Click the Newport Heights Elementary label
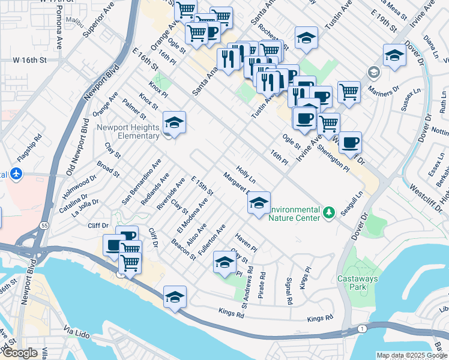point(128,132)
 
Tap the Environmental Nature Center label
point(295,214)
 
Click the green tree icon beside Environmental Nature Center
point(328,212)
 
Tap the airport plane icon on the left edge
point(16,174)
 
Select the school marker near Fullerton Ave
point(225,263)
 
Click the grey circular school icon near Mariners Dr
point(374,73)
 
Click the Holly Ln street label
point(246,175)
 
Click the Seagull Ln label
point(352,202)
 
